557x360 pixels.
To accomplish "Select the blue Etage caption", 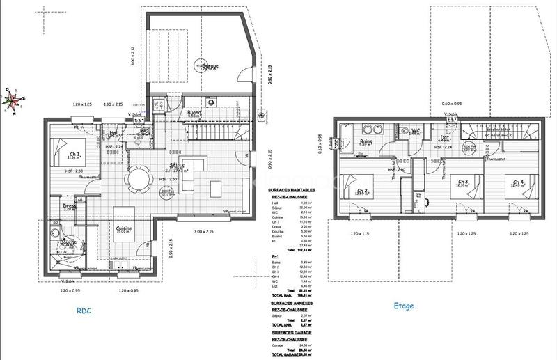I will coord(403,306).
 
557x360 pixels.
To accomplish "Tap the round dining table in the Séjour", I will coord(137,179).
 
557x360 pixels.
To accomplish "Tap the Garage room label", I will coord(210,67).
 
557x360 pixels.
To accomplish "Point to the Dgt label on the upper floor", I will coord(444,138).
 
